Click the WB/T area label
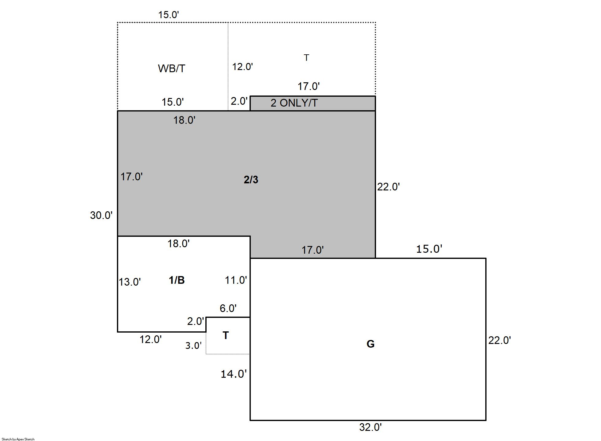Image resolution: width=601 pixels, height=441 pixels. (172, 68)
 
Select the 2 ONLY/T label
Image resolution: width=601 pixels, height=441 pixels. (294, 103)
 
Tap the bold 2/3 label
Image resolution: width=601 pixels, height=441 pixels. (251, 180)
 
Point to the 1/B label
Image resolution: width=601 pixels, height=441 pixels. (177, 280)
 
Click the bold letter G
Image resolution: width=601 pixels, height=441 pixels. (370, 344)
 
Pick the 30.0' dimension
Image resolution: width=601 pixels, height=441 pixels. (101, 215)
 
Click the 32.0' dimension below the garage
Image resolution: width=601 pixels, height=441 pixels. (370, 427)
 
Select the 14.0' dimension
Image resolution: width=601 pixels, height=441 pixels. (234, 374)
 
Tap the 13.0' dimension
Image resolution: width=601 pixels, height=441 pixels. (130, 282)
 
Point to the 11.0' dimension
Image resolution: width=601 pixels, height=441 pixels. (236, 280)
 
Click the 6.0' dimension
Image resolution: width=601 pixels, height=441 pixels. (228, 308)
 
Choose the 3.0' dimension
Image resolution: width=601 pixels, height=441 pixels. (193, 345)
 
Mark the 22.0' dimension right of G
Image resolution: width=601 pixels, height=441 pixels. (500, 340)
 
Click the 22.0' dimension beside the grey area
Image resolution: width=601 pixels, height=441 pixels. (388, 187)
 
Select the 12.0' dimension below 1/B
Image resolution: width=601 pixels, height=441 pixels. (151, 339)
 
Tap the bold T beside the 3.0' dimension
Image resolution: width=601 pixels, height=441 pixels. (226, 335)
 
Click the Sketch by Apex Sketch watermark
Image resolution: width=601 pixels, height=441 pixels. (18, 439)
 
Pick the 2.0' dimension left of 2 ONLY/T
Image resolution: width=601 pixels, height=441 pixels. (239, 101)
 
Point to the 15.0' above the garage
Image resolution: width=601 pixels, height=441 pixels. (429, 249)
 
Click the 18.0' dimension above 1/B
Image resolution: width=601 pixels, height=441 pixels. (178, 244)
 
